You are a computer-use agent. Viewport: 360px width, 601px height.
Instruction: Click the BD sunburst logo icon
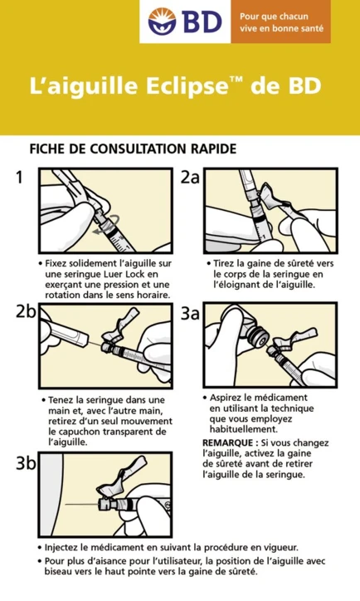tap(163, 22)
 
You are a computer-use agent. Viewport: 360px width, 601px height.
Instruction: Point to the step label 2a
tap(190, 177)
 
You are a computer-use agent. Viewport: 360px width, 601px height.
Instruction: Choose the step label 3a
tap(190, 312)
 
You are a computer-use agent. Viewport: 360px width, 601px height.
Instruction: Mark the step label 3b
tap(25, 463)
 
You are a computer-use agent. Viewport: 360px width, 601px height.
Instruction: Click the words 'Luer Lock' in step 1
tap(126, 274)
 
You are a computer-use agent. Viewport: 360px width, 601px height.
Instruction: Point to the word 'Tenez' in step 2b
tap(64, 399)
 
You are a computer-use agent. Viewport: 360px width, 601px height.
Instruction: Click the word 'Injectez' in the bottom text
tap(68, 548)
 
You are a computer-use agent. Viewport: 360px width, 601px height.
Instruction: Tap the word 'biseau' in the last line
tap(66, 572)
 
